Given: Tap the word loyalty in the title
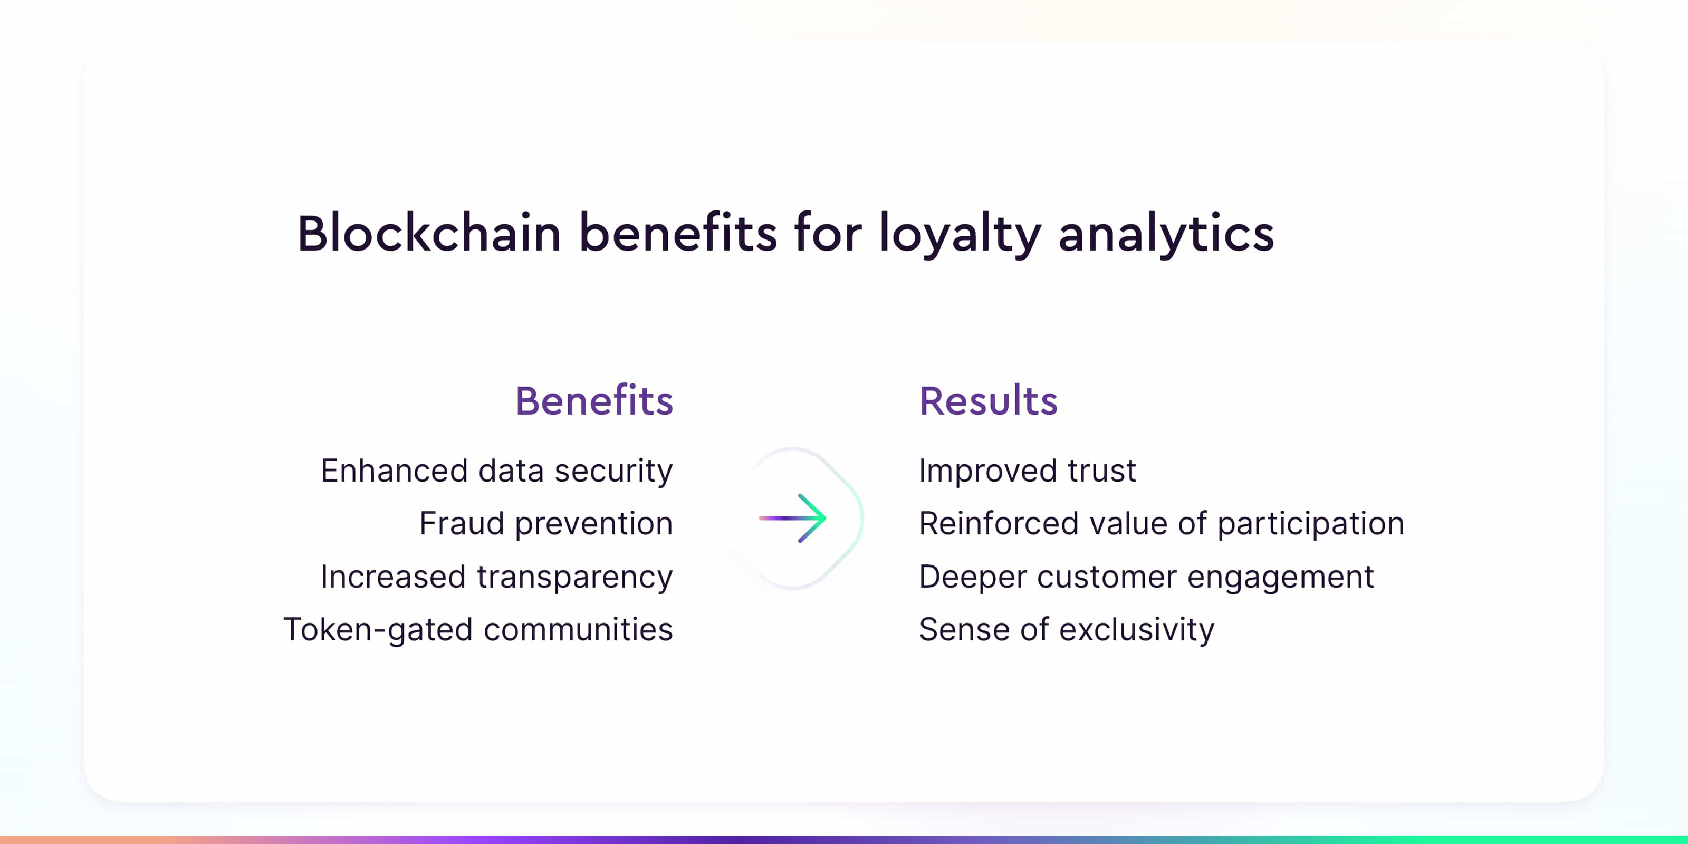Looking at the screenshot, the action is coord(960,235).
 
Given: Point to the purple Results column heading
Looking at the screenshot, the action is coord(988,400).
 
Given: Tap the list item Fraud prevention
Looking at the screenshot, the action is coord(546,524).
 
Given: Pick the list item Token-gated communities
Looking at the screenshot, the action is coord(478,630).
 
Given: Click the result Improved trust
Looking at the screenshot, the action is coord(1028,471).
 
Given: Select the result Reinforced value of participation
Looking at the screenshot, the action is coord(1162,524).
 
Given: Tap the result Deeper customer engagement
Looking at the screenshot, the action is coord(1147,577).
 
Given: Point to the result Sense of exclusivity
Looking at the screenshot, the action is coord(1067,630).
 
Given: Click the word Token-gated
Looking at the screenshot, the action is coord(378,630).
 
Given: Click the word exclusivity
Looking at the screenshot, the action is coord(1137,630).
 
